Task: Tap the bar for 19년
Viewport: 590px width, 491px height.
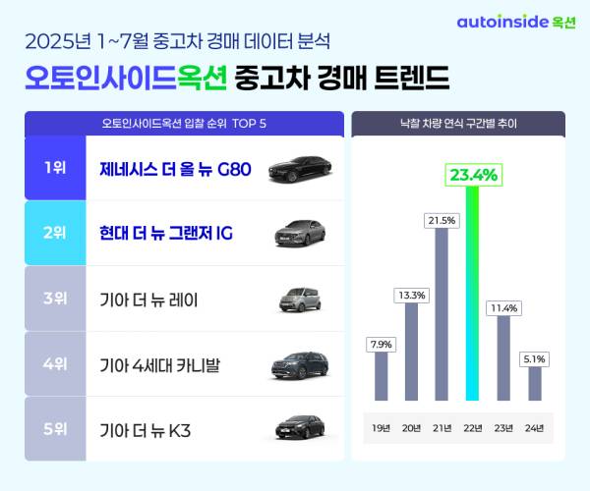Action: [x=382, y=376]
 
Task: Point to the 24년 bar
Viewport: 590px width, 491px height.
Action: [x=534, y=383]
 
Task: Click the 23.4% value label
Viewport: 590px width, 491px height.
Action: [x=473, y=176]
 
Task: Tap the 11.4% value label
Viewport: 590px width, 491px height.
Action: [x=503, y=307]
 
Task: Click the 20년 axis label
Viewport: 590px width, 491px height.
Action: [x=412, y=428]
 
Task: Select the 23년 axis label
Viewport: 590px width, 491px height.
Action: [x=503, y=428]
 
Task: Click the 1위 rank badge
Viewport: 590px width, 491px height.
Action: [x=55, y=168]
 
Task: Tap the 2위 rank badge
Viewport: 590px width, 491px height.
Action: [x=55, y=233]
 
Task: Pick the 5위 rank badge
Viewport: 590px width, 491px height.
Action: [x=55, y=428]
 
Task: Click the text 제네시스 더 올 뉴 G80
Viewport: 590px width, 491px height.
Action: [x=175, y=168]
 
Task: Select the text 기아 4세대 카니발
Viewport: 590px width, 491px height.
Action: [x=160, y=364]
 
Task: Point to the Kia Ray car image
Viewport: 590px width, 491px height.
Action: [x=297, y=299]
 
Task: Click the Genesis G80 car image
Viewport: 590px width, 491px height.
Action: [x=297, y=168]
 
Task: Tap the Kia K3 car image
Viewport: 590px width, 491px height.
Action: [x=297, y=428]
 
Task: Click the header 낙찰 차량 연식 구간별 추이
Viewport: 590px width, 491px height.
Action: [x=458, y=124]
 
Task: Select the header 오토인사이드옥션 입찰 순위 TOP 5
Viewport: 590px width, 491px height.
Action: [x=185, y=124]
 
